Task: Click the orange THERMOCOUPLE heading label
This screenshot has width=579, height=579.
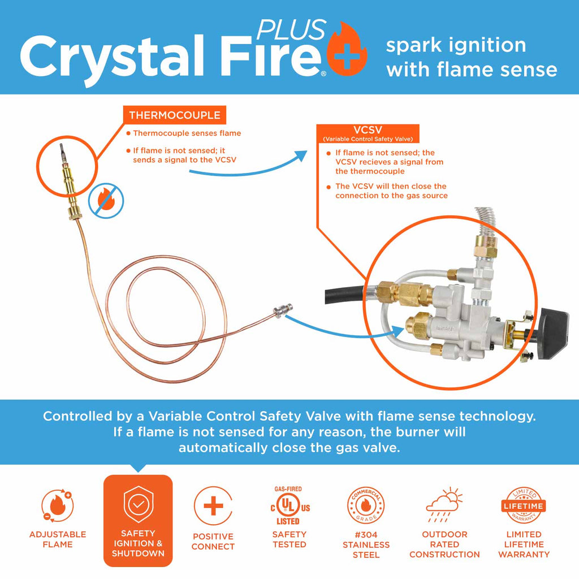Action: coord(174,115)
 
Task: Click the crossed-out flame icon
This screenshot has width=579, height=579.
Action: coord(106,198)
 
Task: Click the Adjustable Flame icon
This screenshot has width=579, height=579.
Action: coord(57,505)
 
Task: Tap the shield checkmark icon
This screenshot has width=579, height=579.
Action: coord(137,503)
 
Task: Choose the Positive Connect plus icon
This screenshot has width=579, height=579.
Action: coord(213,505)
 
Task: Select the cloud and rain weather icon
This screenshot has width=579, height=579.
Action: coord(444,505)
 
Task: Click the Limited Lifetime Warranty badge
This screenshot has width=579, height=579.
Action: coord(524,505)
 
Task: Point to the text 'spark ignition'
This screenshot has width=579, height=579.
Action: coord(456,45)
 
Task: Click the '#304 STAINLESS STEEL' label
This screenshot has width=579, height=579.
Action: coord(366,545)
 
